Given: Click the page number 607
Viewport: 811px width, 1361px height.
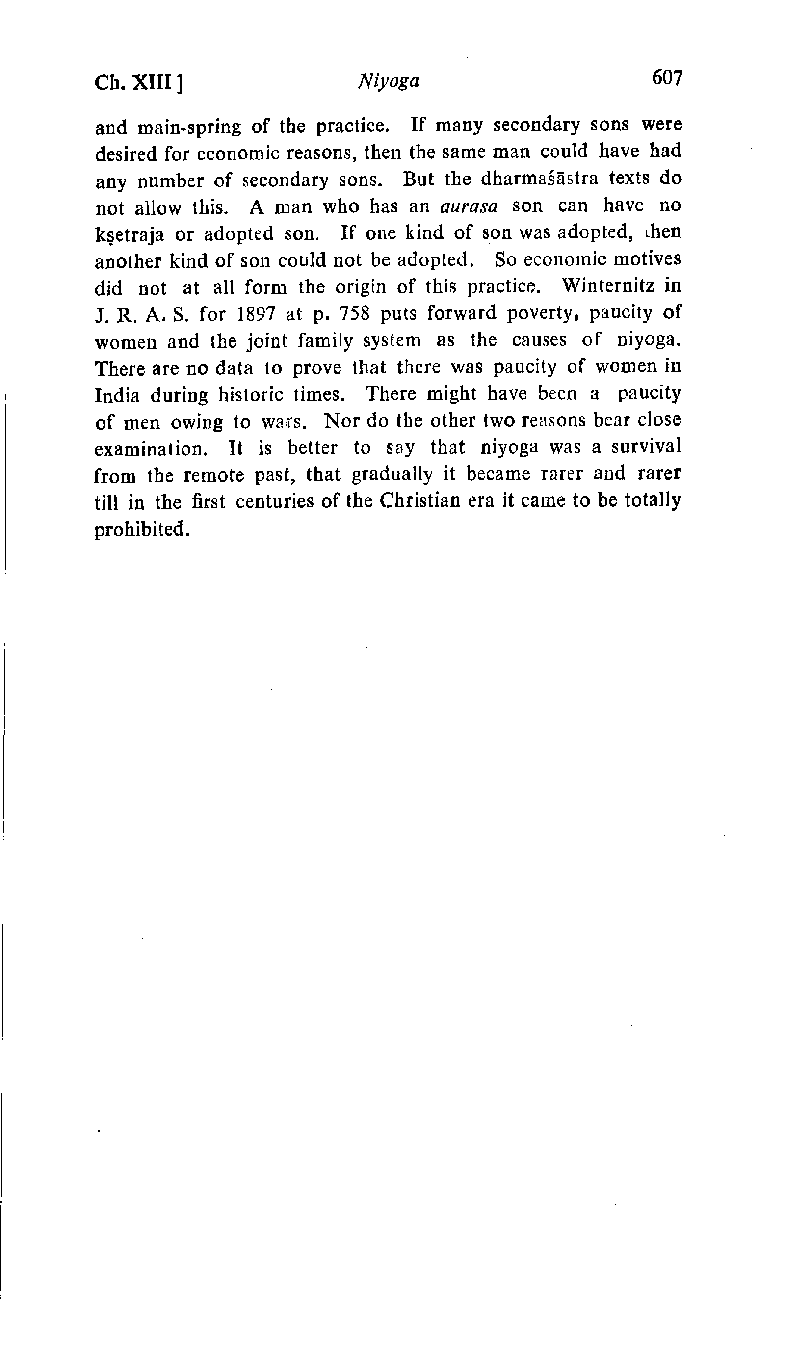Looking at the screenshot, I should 667,78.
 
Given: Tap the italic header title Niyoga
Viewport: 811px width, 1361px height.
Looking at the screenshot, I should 389,81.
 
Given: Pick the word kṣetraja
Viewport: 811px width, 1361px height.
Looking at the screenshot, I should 130,235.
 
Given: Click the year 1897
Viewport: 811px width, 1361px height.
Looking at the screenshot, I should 259,314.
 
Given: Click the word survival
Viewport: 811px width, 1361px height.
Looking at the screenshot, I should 646,447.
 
